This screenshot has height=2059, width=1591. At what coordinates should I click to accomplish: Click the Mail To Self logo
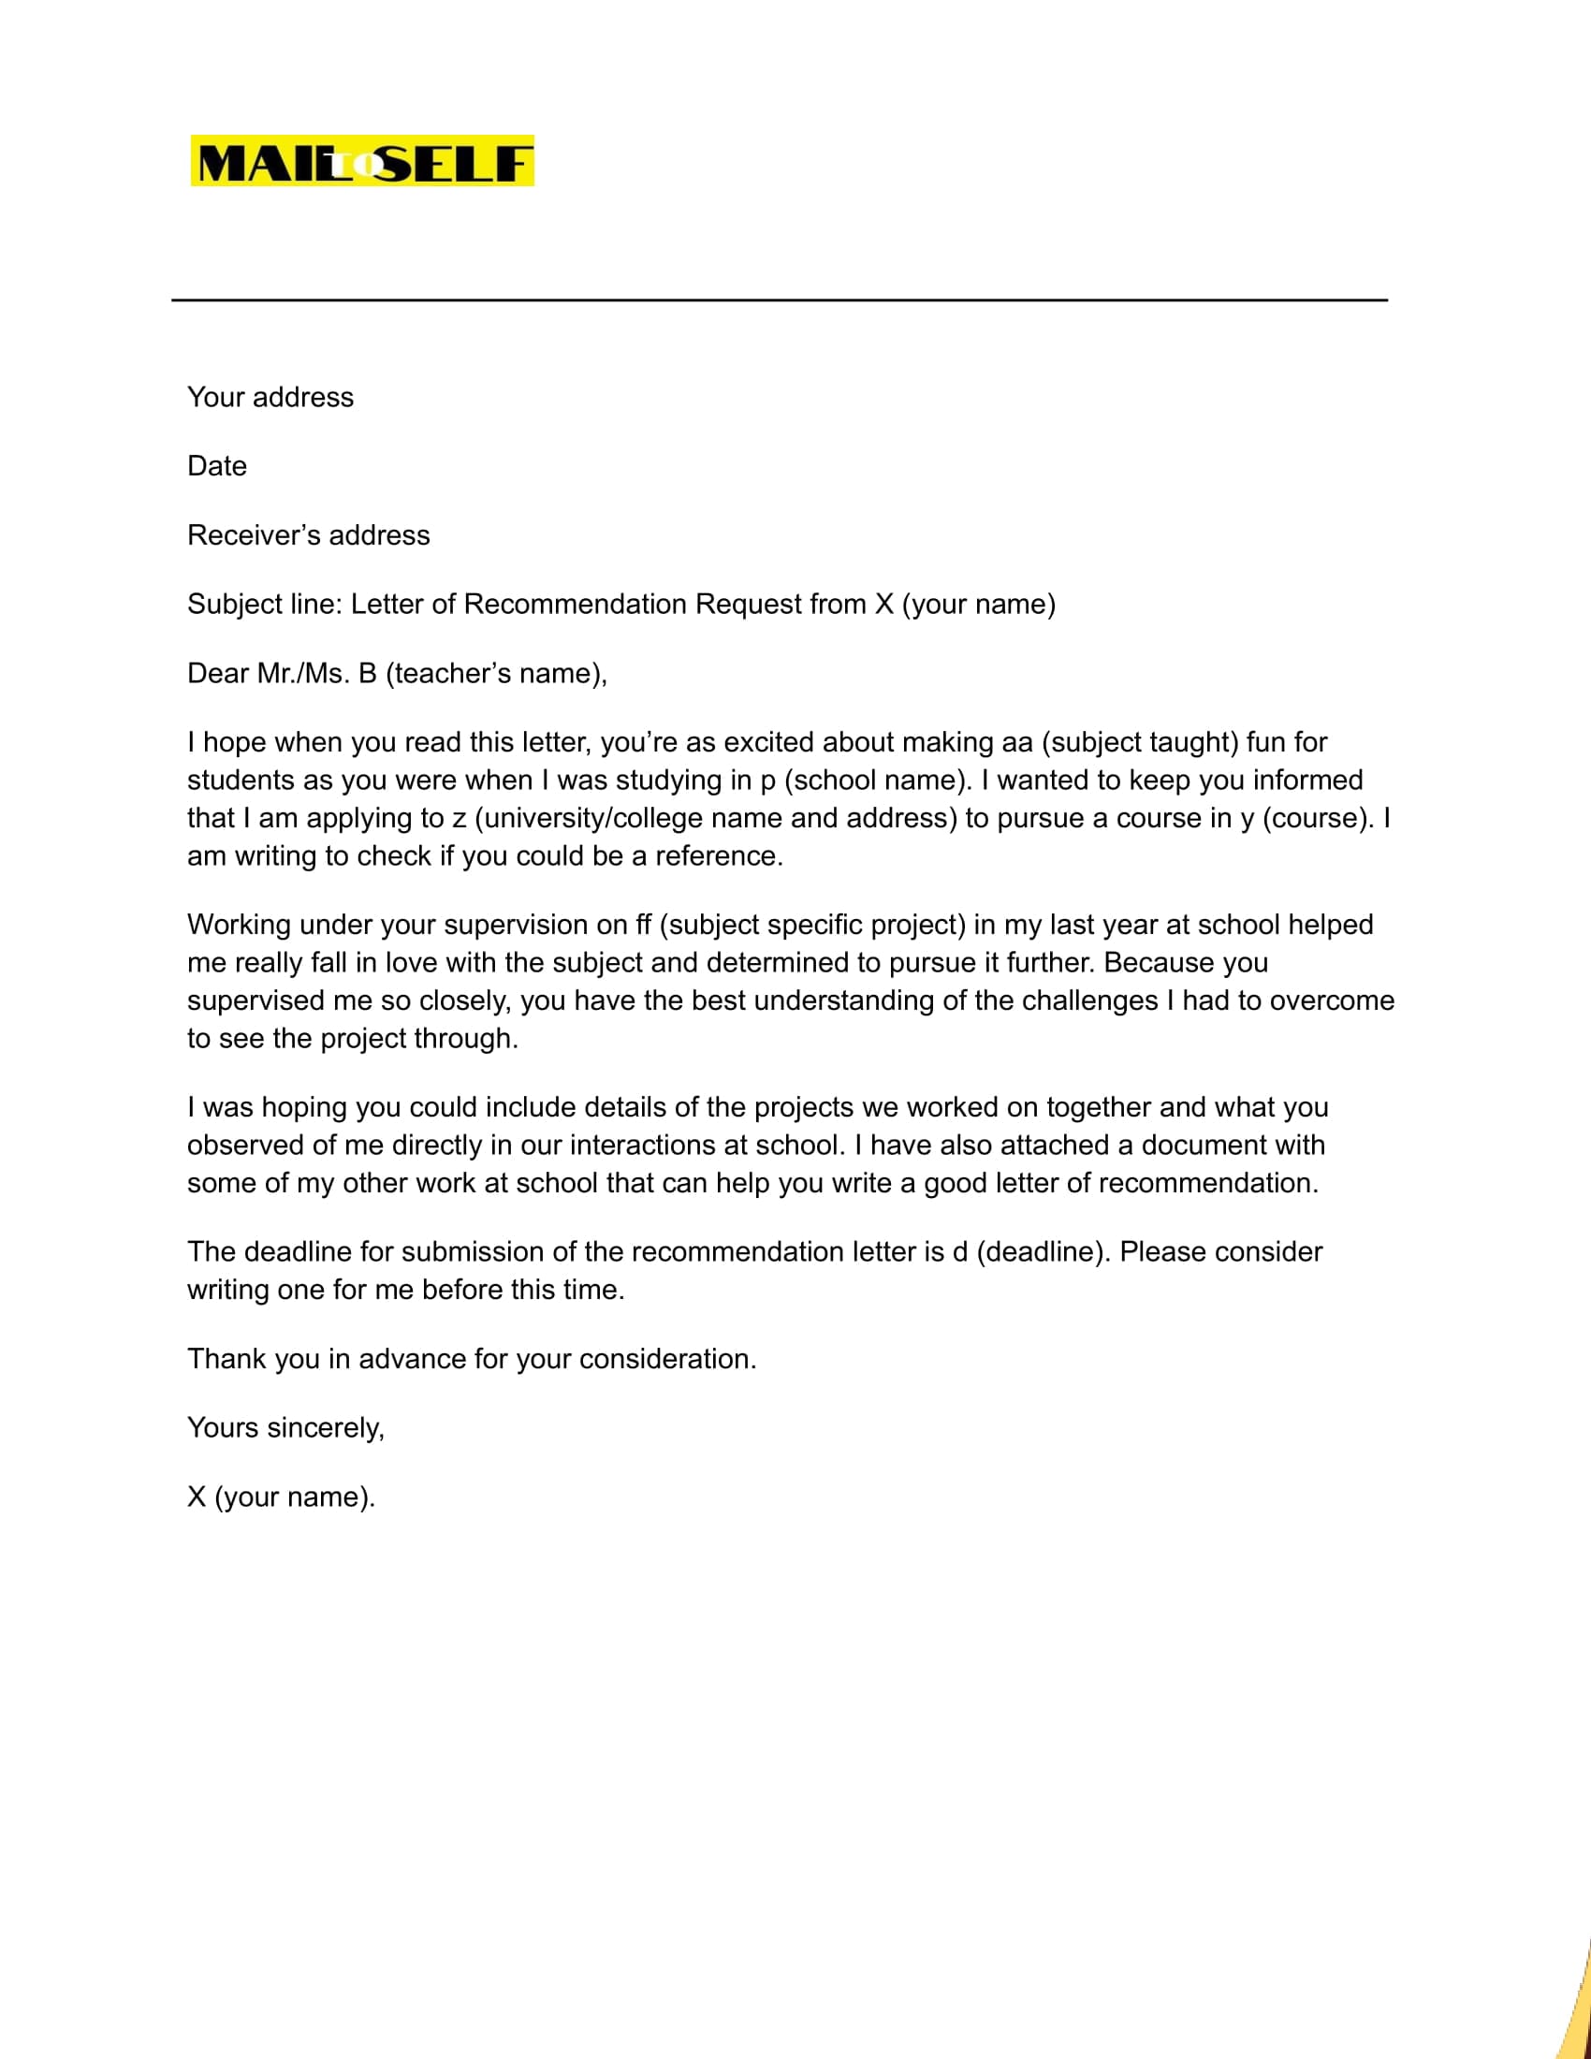[362, 161]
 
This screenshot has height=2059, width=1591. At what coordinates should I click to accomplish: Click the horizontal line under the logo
[779, 299]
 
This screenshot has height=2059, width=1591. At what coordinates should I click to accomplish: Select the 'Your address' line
[270, 397]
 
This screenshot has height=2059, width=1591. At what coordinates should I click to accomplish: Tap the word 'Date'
[217, 466]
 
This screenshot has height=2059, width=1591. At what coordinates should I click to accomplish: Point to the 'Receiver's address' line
[308, 534]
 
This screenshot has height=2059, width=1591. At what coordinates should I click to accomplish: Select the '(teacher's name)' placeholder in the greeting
[495, 673]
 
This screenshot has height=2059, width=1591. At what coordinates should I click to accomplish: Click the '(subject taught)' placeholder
[1140, 742]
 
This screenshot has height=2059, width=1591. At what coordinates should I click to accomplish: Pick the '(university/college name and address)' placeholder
[715, 817]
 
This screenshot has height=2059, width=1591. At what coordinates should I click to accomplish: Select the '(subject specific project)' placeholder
[812, 924]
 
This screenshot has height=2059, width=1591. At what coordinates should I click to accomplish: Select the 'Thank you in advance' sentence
[472, 1359]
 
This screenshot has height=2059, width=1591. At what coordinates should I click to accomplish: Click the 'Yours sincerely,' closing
[285, 1427]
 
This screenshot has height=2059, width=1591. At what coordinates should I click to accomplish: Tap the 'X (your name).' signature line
[281, 1497]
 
